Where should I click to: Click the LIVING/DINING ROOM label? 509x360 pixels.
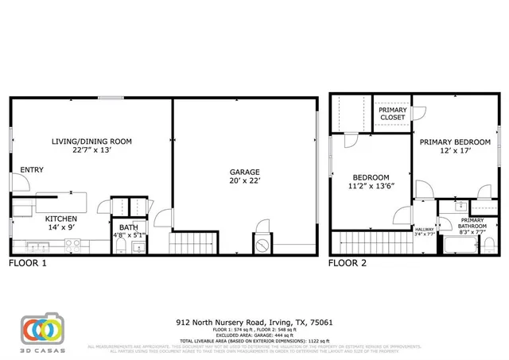[91, 141]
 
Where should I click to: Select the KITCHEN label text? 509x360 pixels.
[60, 218]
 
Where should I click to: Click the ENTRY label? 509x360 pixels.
[32, 169]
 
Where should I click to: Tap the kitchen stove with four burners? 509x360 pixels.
[72, 246]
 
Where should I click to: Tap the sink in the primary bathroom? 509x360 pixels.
[460, 206]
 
